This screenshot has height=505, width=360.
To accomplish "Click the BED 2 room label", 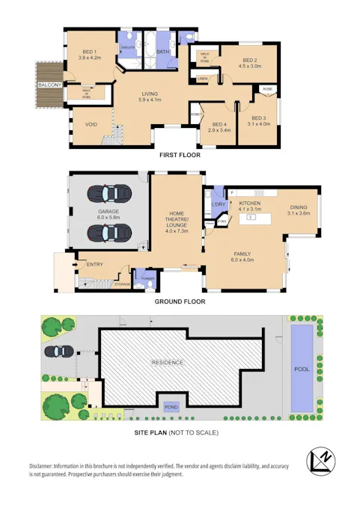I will [x=250, y=60].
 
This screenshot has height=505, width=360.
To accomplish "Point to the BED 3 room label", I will [x=258, y=118].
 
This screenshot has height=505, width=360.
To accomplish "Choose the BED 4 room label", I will [x=219, y=124].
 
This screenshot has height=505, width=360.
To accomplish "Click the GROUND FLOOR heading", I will [x=180, y=302].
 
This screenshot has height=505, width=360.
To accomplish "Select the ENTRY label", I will [x=95, y=264].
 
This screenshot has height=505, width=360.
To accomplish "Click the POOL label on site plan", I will [x=302, y=369].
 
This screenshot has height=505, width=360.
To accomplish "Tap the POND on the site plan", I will [x=171, y=406].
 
